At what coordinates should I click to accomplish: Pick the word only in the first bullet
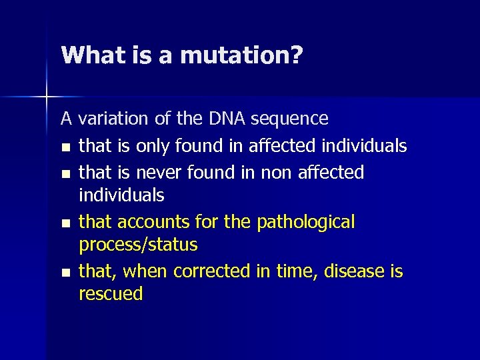click(x=157, y=146)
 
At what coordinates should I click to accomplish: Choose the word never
click(x=159, y=173)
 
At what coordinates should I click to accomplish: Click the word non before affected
click(x=274, y=173)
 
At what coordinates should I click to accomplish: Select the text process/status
click(x=138, y=245)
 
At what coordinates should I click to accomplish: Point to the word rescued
click(x=111, y=294)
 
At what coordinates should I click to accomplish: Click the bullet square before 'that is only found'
click(x=65, y=147)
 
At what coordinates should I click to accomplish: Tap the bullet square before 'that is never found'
click(x=65, y=173)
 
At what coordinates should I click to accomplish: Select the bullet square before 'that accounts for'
click(x=65, y=223)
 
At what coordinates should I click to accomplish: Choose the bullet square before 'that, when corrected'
click(x=65, y=272)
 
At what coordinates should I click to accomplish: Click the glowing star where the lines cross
click(x=47, y=97)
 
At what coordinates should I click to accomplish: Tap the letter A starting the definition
click(x=67, y=119)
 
